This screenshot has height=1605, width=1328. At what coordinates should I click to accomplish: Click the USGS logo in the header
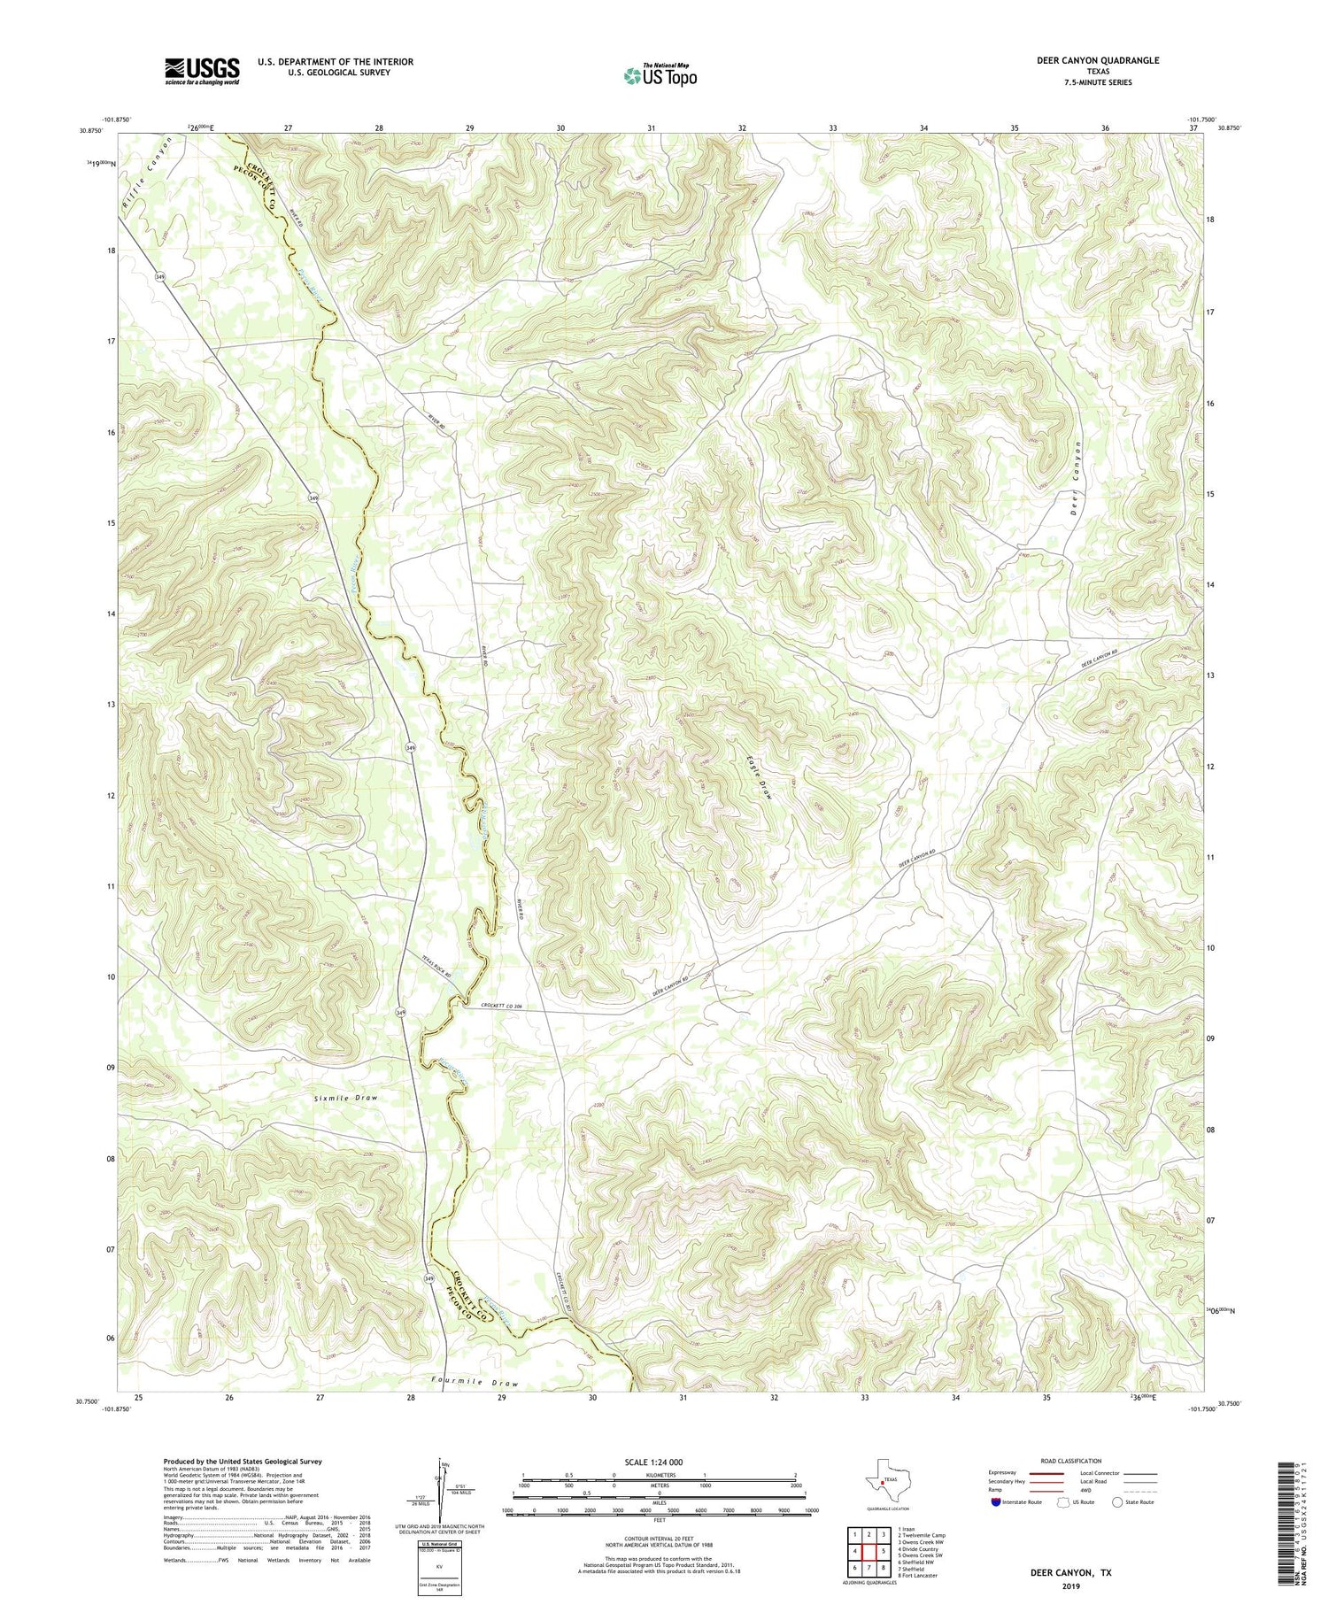tap(202, 71)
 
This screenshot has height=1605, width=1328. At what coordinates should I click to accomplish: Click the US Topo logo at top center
tap(660, 76)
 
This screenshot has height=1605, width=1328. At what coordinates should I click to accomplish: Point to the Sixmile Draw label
tap(344, 1098)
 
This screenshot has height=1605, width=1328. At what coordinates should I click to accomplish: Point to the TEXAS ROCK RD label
tap(436, 965)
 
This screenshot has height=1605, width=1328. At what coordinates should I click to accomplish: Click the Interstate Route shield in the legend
tap(997, 1502)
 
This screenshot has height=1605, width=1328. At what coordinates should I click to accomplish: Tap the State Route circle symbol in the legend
tap(1117, 1501)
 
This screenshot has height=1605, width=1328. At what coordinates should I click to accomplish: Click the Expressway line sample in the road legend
tap(1046, 1473)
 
